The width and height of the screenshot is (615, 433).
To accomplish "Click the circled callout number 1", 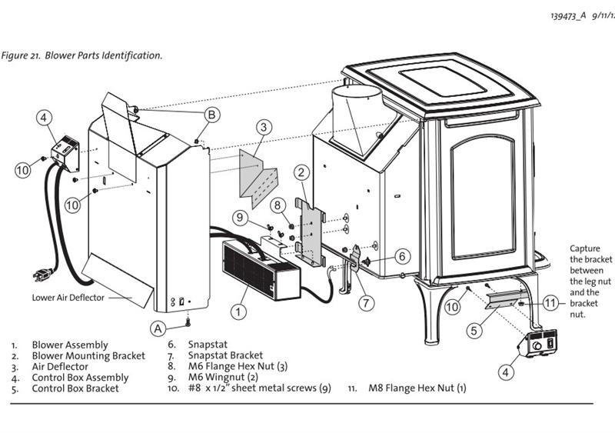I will tap(239, 312).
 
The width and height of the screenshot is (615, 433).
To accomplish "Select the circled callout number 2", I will tap(302, 175).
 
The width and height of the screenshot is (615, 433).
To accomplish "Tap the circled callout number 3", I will tap(264, 126).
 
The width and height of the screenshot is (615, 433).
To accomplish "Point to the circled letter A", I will tap(158, 327).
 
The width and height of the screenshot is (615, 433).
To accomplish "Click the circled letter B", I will tap(212, 115).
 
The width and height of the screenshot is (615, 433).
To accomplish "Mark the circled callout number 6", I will tap(403, 256).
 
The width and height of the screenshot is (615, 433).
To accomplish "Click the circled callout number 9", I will tap(241, 218).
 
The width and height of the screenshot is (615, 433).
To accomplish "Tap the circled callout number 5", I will tap(476, 331).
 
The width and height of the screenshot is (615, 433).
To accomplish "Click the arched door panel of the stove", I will tap(484, 196).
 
